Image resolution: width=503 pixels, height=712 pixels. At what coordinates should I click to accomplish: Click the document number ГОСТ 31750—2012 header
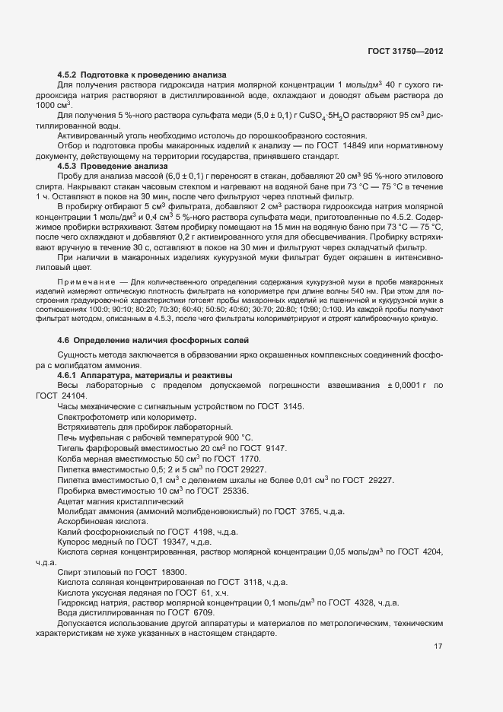[404, 51]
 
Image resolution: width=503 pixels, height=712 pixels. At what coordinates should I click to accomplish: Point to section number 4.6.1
[68, 376]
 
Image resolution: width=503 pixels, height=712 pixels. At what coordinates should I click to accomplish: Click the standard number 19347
[172, 542]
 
